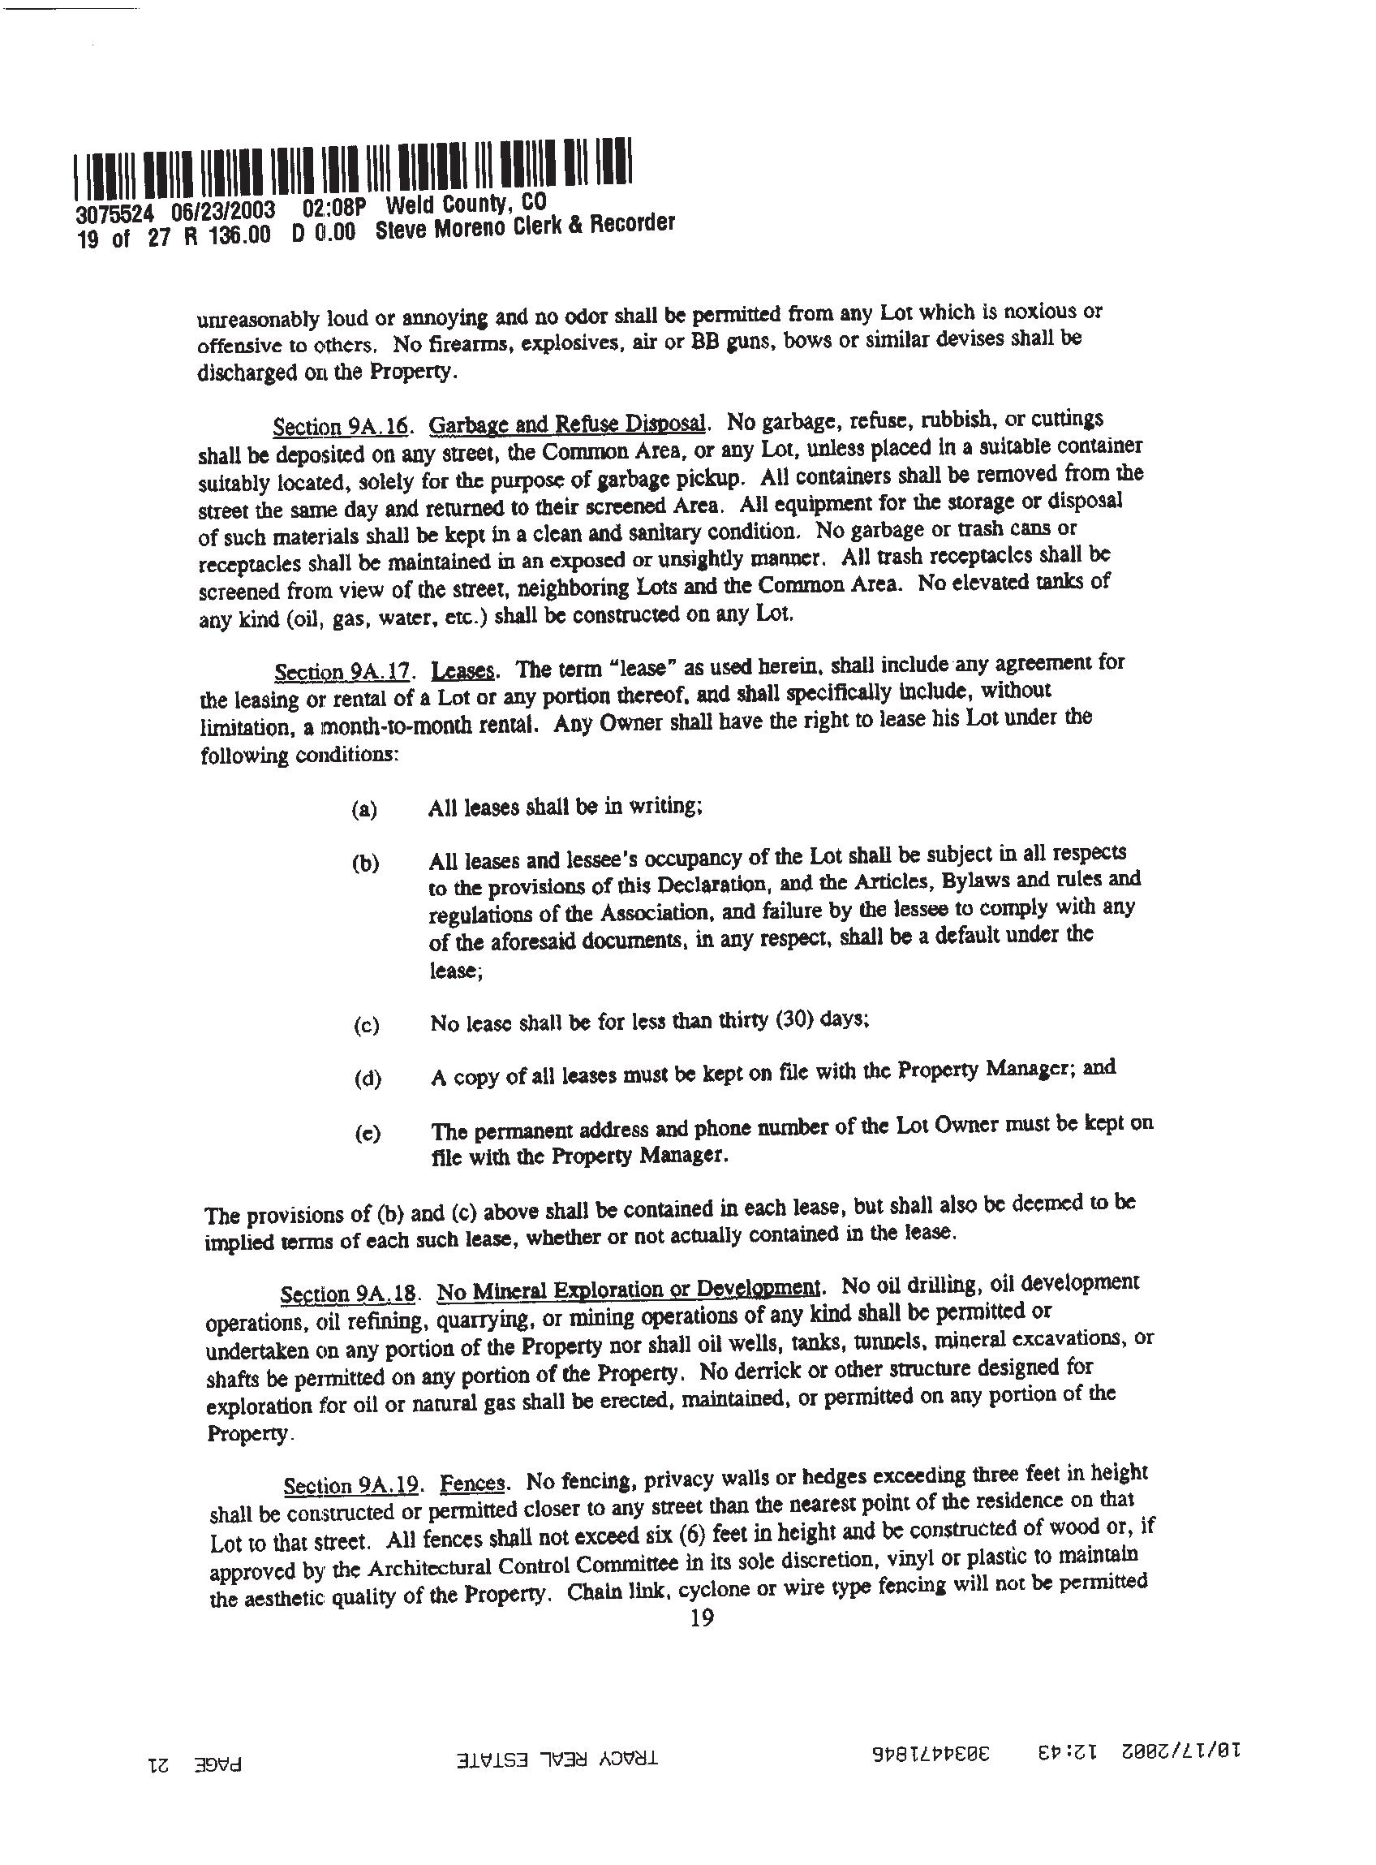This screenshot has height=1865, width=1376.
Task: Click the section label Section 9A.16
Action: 341,425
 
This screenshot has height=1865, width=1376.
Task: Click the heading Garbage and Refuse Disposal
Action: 568,424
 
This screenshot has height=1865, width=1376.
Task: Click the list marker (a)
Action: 364,809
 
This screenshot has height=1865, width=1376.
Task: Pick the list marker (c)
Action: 366,1024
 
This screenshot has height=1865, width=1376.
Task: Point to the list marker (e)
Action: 367,1134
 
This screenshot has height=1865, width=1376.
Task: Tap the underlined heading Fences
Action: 472,1483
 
